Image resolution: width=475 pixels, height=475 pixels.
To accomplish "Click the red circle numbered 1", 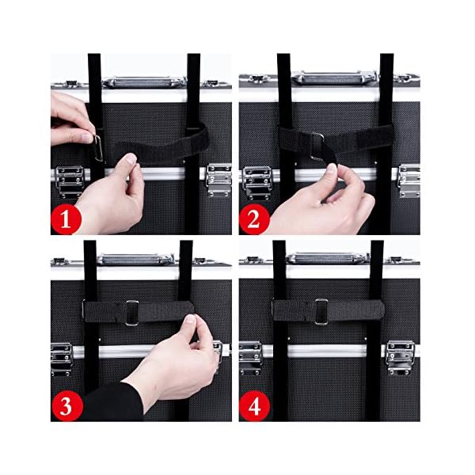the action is tap(66, 218).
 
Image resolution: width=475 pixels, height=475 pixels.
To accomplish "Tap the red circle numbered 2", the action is tap(254, 218).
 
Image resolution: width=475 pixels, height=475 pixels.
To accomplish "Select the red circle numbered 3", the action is tap(66, 406).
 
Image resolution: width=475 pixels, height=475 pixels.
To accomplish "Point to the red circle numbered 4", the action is tap(254, 406).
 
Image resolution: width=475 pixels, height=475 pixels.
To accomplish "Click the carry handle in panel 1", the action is tap(144, 82).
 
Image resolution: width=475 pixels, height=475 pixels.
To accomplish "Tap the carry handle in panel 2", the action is tap(334, 78).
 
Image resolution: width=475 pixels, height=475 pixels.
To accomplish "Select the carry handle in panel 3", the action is tap(135, 260).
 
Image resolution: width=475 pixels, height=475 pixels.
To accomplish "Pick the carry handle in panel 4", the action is tap(327, 258).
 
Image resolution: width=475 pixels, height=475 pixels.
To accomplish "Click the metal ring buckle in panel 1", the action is tap(98, 148).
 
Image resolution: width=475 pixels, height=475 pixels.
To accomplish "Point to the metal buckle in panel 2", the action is tap(317, 147).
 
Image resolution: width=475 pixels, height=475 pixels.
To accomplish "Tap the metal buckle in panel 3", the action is tap(132, 313).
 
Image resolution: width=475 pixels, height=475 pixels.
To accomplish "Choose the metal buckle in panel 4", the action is tap(321, 312).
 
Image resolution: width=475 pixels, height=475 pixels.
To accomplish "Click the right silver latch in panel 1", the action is tap(218, 180).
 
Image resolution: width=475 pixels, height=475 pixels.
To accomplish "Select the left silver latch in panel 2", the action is tap(256, 183).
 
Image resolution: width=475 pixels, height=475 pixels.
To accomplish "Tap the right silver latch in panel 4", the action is tap(401, 358).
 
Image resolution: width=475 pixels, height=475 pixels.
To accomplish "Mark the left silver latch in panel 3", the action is tap(61, 359).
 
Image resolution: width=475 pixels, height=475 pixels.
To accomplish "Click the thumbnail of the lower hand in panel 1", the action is tap(131, 158).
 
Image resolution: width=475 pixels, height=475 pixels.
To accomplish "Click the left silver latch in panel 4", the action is tap(251, 358).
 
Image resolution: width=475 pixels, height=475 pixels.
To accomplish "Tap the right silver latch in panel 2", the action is tap(409, 180).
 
